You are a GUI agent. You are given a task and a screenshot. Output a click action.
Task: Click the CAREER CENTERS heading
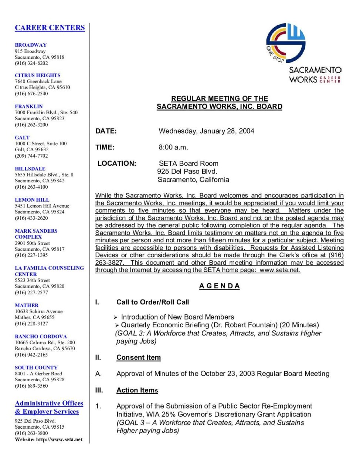(x=50, y=28)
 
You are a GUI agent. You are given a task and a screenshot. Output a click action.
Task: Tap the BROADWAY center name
(x=31, y=45)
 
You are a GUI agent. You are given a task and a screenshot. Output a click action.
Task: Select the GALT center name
(x=22, y=137)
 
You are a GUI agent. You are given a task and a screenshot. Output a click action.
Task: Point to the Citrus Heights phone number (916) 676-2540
(x=31, y=94)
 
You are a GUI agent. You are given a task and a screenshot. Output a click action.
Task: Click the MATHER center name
(x=27, y=305)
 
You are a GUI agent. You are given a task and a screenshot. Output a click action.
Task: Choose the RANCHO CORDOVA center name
(x=41, y=336)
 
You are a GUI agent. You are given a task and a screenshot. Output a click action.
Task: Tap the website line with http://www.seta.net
(x=49, y=439)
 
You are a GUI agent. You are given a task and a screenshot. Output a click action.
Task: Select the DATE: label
(x=106, y=131)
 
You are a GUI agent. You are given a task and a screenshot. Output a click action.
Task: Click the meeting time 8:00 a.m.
(x=173, y=147)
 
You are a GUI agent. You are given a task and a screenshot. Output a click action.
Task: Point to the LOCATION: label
(x=117, y=163)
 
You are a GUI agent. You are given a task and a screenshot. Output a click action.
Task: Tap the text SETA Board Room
(x=189, y=163)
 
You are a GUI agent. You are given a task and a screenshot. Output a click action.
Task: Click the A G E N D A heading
(x=220, y=286)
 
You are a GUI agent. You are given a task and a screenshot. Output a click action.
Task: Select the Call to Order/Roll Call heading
(x=153, y=302)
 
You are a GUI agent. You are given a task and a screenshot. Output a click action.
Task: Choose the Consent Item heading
(x=139, y=357)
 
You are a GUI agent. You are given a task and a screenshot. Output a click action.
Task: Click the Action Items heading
(x=137, y=390)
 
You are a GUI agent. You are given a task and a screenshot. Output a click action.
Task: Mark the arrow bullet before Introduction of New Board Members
(x=115, y=317)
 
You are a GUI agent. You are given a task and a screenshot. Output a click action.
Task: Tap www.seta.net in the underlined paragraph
(x=280, y=270)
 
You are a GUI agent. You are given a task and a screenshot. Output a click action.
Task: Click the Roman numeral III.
(x=99, y=390)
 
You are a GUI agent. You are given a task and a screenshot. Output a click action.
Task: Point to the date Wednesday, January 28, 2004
(x=206, y=131)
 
